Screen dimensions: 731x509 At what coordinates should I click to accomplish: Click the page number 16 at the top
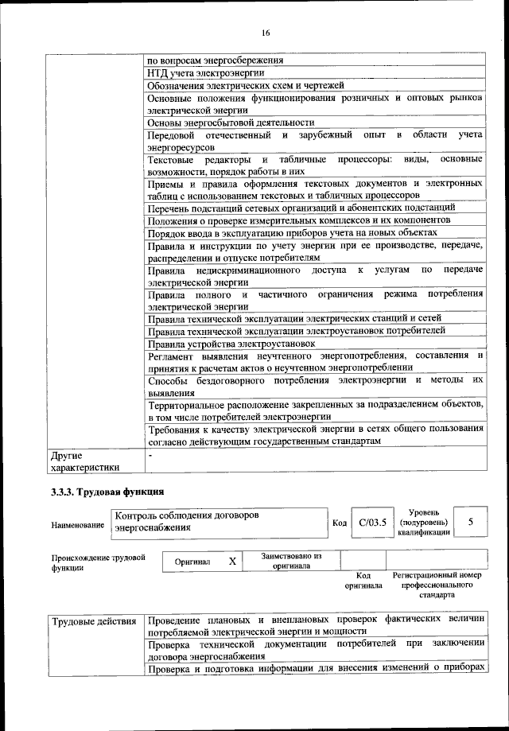coord(265,32)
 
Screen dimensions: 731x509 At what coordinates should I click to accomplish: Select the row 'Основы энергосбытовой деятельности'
coord(231,122)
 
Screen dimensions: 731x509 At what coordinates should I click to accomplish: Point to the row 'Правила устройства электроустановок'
coord(231,344)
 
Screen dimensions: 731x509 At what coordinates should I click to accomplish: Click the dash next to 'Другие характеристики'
coord(150,456)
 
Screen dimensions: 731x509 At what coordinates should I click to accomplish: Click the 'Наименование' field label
coord(78,525)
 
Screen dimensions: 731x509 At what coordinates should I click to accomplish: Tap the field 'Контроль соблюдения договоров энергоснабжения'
coord(187,521)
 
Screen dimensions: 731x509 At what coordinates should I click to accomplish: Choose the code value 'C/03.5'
coord(371,523)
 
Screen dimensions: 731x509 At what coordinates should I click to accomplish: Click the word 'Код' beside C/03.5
coord(339,523)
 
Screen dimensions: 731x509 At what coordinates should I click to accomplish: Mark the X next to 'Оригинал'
coord(232,562)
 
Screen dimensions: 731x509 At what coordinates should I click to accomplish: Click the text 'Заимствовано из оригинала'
coord(291,561)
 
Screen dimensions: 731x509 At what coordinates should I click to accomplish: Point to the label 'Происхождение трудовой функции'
coord(98,563)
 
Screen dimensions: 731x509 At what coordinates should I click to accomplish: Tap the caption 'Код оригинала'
coord(363,581)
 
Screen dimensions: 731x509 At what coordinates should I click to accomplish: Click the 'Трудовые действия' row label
coord(93,620)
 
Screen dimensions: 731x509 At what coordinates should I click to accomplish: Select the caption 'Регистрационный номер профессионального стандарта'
coord(437,584)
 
